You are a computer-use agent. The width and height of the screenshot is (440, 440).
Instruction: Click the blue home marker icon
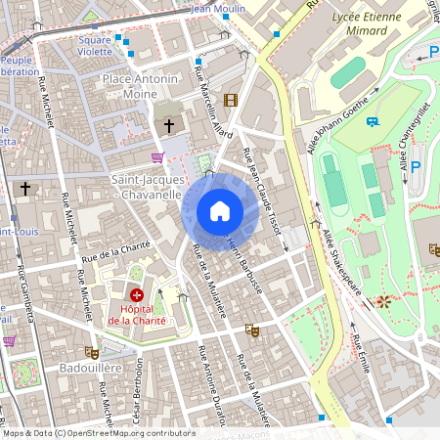[x=219, y=211]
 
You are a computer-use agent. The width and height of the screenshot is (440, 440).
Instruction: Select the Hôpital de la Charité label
[x=137, y=314]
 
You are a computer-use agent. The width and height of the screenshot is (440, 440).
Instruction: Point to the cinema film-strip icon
[x=230, y=100]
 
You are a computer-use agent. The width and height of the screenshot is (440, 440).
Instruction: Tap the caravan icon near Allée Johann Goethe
[x=373, y=121]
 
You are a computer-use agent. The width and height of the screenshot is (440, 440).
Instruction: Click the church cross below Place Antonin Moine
[x=168, y=126]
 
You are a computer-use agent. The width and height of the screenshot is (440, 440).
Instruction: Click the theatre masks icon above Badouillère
[x=93, y=352]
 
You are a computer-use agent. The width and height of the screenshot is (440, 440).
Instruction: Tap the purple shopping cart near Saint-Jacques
[x=157, y=156]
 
